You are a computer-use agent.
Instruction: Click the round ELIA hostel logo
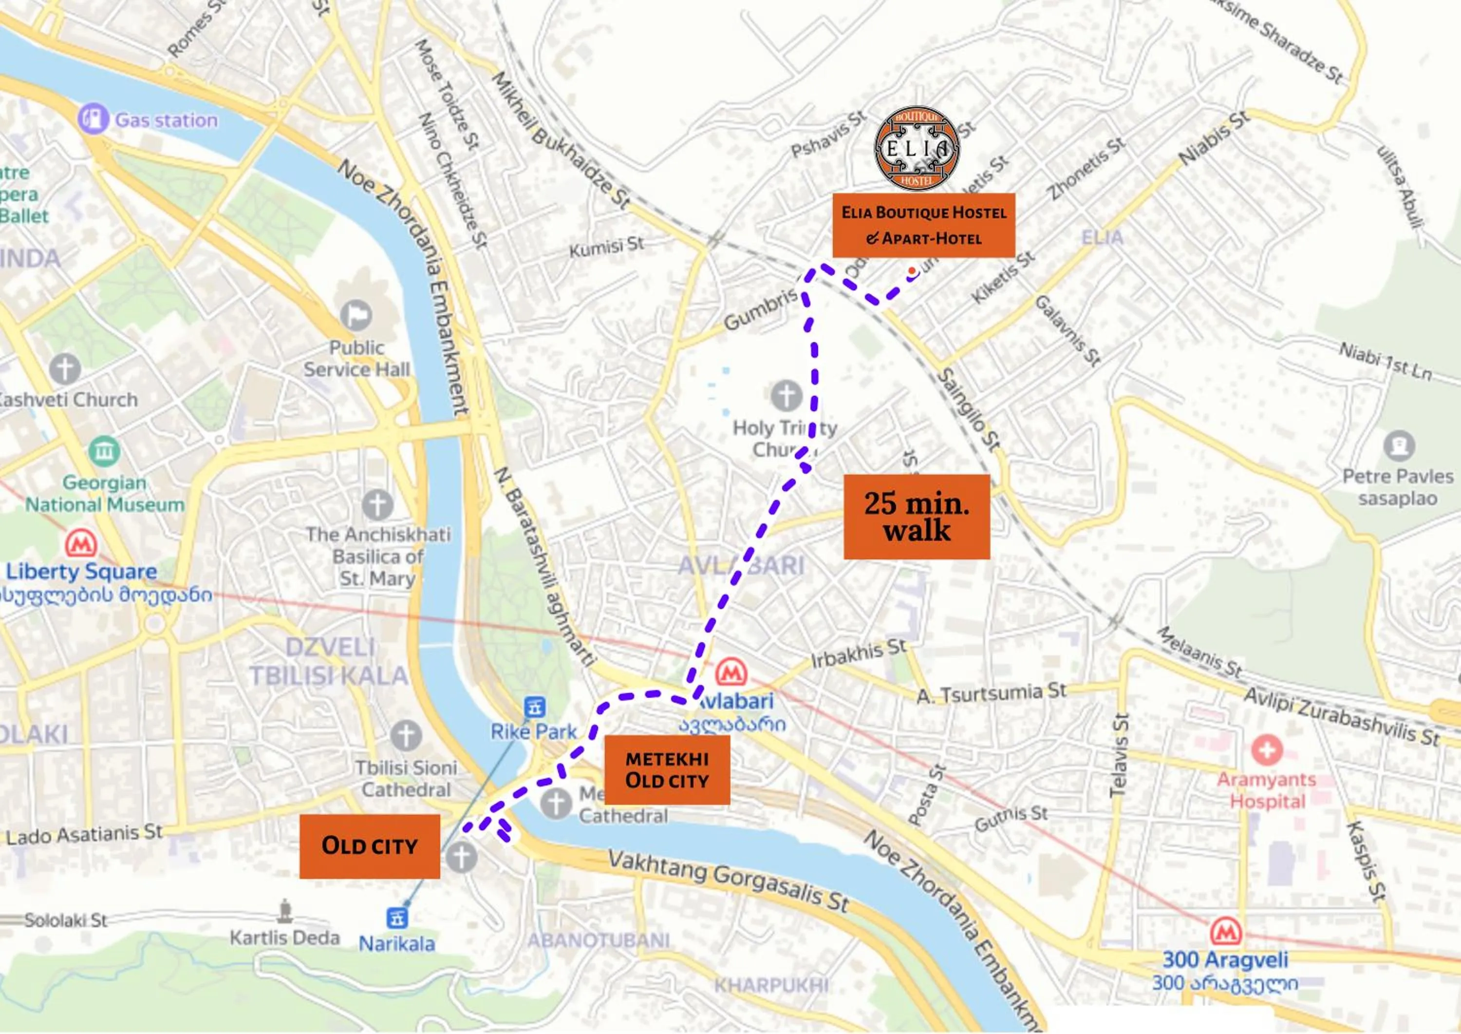tap(917, 148)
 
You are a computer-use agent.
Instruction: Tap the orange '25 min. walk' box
tap(917, 517)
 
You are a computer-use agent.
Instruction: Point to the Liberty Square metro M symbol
tap(81, 544)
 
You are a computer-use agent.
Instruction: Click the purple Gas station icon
tap(93, 118)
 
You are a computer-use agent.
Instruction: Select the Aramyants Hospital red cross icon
tap(1266, 750)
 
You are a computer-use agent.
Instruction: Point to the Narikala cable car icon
tap(396, 918)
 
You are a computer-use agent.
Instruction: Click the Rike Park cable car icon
tap(533, 706)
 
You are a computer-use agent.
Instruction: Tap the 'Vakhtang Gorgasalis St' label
tap(728, 881)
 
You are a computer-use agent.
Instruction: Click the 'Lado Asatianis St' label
tap(85, 834)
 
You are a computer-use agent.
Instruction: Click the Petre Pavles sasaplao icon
tap(1399, 445)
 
